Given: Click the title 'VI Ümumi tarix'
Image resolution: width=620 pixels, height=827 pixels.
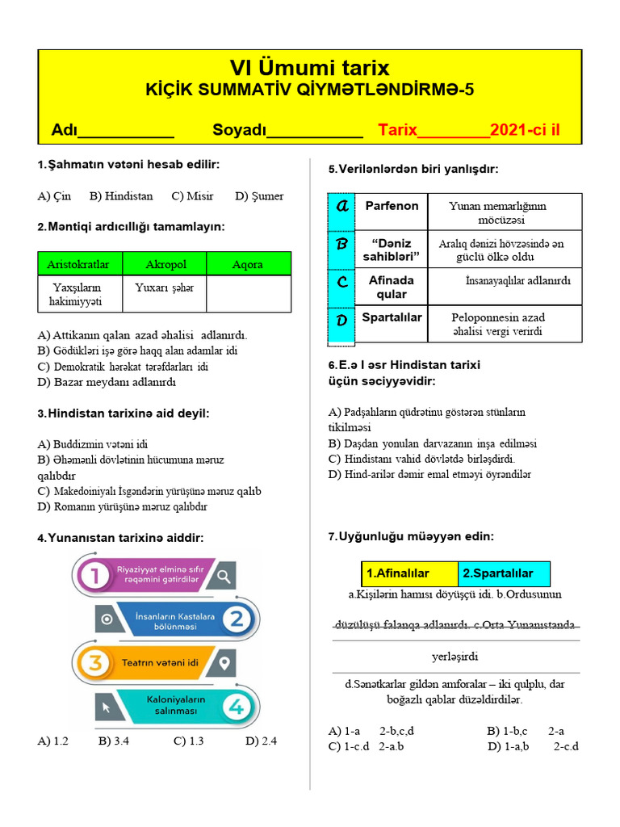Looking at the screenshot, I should [x=310, y=68].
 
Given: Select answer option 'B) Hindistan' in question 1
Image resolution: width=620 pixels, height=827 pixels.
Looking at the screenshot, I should [x=121, y=196].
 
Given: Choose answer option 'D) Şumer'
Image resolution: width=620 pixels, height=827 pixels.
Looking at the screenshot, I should [x=259, y=196].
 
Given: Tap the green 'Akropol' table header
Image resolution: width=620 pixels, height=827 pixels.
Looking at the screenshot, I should [x=166, y=264].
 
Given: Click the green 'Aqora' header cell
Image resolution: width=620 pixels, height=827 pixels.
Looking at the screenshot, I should [x=248, y=264].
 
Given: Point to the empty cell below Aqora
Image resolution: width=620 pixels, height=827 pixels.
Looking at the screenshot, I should [x=248, y=294].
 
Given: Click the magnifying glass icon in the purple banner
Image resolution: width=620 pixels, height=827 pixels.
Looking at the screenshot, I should [x=224, y=575].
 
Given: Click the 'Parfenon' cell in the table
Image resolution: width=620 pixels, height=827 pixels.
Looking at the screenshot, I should [x=392, y=206].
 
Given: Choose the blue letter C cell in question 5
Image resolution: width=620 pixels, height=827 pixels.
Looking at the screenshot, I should [x=341, y=283].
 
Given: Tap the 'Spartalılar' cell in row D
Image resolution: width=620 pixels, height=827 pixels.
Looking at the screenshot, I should [x=392, y=317].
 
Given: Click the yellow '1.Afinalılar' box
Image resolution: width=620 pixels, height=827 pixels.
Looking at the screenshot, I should [x=408, y=573].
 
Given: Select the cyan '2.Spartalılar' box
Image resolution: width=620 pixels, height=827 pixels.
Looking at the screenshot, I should [x=504, y=573].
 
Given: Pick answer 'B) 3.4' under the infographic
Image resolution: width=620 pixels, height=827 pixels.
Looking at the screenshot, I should [x=114, y=741].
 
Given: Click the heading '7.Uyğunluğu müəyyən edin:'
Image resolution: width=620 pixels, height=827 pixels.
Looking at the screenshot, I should [x=411, y=536].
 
